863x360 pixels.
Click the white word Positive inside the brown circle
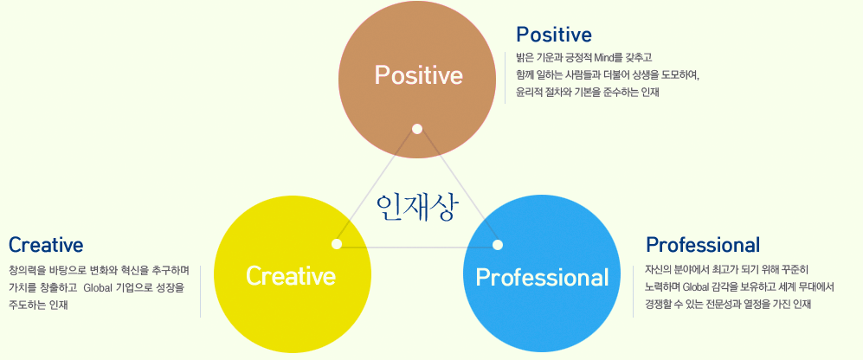click(418, 75)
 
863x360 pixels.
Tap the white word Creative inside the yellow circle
click(291, 275)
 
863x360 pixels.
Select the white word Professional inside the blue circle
click(542, 278)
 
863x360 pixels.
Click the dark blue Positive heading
click(554, 35)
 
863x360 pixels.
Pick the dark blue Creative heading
click(46, 244)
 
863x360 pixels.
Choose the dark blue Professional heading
click(703, 244)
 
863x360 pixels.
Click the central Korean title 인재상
click(415, 207)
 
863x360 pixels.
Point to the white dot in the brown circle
click(417, 129)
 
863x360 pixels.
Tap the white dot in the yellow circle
click(337, 244)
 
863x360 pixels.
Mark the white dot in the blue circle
click(498, 245)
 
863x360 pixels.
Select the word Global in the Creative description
click(98, 287)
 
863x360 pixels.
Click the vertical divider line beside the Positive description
click(506, 78)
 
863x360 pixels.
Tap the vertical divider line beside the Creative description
click(200, 291)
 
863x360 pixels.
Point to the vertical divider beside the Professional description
click(633, 291)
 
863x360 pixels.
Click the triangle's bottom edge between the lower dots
click(417, 247)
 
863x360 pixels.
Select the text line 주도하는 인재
click(38, 305)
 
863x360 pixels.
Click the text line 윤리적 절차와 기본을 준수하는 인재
click(587, 93)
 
